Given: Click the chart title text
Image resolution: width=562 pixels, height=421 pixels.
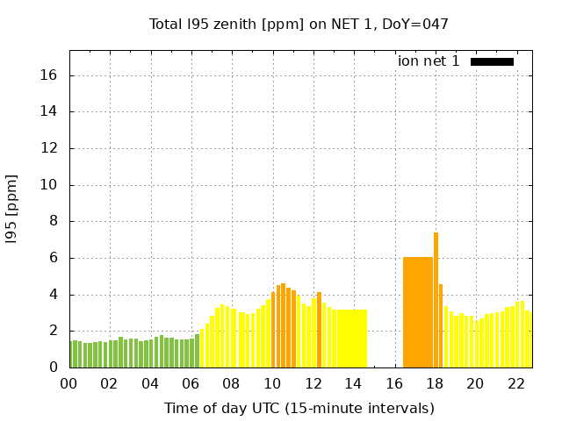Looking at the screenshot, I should pos(299,24).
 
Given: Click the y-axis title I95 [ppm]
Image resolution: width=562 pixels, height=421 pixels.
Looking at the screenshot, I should pos(12,209).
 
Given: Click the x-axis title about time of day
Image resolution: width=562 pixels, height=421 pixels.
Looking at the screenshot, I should pos(299,408).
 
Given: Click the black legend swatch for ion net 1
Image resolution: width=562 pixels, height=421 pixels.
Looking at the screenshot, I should pos(492,61).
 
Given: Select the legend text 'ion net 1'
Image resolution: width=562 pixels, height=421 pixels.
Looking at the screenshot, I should pos(429,61).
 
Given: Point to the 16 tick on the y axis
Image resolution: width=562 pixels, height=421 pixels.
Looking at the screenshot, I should pos(49,75).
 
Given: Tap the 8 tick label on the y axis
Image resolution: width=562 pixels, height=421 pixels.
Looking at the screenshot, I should pos(54,221).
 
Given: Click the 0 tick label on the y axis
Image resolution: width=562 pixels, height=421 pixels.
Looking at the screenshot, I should pos(54,367).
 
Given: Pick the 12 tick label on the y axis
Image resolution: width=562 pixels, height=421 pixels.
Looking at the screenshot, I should pos(49,148).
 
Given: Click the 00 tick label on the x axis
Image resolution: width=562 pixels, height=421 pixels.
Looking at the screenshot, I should pos(69,383).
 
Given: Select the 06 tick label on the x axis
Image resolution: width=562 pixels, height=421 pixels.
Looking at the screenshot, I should pos(191,383).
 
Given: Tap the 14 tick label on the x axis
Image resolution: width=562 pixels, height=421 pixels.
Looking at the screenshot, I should pos(353,383).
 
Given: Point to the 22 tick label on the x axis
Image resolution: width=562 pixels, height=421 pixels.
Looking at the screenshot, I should pos(515,383).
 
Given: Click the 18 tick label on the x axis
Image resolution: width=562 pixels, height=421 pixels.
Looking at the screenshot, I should pos(434,383).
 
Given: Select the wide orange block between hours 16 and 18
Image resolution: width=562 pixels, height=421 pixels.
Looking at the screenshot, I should pos(418,312).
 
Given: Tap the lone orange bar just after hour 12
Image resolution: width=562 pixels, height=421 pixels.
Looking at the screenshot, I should pos(319,330).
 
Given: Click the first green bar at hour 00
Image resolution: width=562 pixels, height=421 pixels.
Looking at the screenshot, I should pos(72,354).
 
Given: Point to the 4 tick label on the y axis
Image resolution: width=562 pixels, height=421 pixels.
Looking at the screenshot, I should pos(54,295).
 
